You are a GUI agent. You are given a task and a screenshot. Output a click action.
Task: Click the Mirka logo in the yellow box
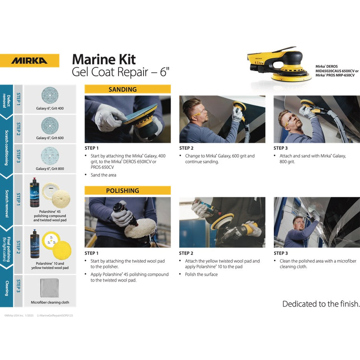tap(29, 61)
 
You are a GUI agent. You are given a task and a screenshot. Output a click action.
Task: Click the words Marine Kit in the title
tap(104, 59)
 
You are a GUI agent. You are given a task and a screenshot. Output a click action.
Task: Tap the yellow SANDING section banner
tap(127, 89)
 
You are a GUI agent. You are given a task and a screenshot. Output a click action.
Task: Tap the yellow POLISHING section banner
tap(127, 190)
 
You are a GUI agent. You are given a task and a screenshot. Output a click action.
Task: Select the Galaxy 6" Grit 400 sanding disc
tap(50, 95)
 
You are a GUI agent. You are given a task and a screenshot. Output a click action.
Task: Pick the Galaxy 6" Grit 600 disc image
tap(50, 125)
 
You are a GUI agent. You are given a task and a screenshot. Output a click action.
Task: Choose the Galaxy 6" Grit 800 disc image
tap(50, 155)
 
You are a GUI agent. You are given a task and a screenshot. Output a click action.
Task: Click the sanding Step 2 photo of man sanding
tap(222, 119)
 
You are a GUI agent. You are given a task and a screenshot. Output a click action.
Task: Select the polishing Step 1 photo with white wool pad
tap(127, 222)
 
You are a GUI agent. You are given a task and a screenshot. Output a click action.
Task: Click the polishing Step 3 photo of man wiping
tap(317, 222)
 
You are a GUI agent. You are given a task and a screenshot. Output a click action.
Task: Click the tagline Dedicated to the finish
tap(321, 304)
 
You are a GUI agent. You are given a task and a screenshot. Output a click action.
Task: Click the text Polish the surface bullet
tap(201, 274)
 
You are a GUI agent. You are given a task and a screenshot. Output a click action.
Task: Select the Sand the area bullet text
tap(103, 175)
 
